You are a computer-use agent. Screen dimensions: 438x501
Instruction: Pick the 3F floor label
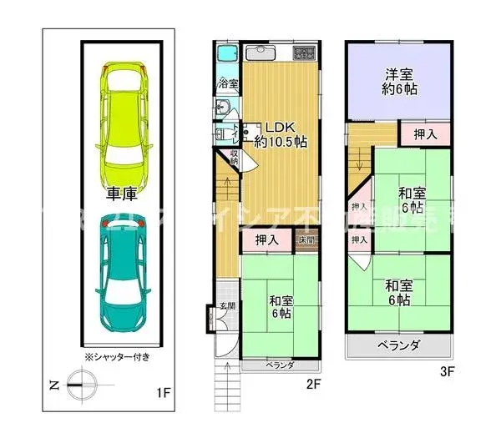pos(447,373)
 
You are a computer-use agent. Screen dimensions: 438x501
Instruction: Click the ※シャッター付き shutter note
pos(118,356)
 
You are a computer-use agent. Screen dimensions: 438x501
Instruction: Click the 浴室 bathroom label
pos(228,84)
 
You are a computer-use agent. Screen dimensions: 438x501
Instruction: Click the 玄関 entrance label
pos(226,305)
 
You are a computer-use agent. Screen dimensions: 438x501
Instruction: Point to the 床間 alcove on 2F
pos(306,240)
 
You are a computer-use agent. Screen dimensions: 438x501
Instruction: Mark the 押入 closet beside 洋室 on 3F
pos(425,133)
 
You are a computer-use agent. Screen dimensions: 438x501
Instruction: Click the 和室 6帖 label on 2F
pos(281,306)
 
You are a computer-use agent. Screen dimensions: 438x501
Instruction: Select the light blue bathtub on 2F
pos(227,53)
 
